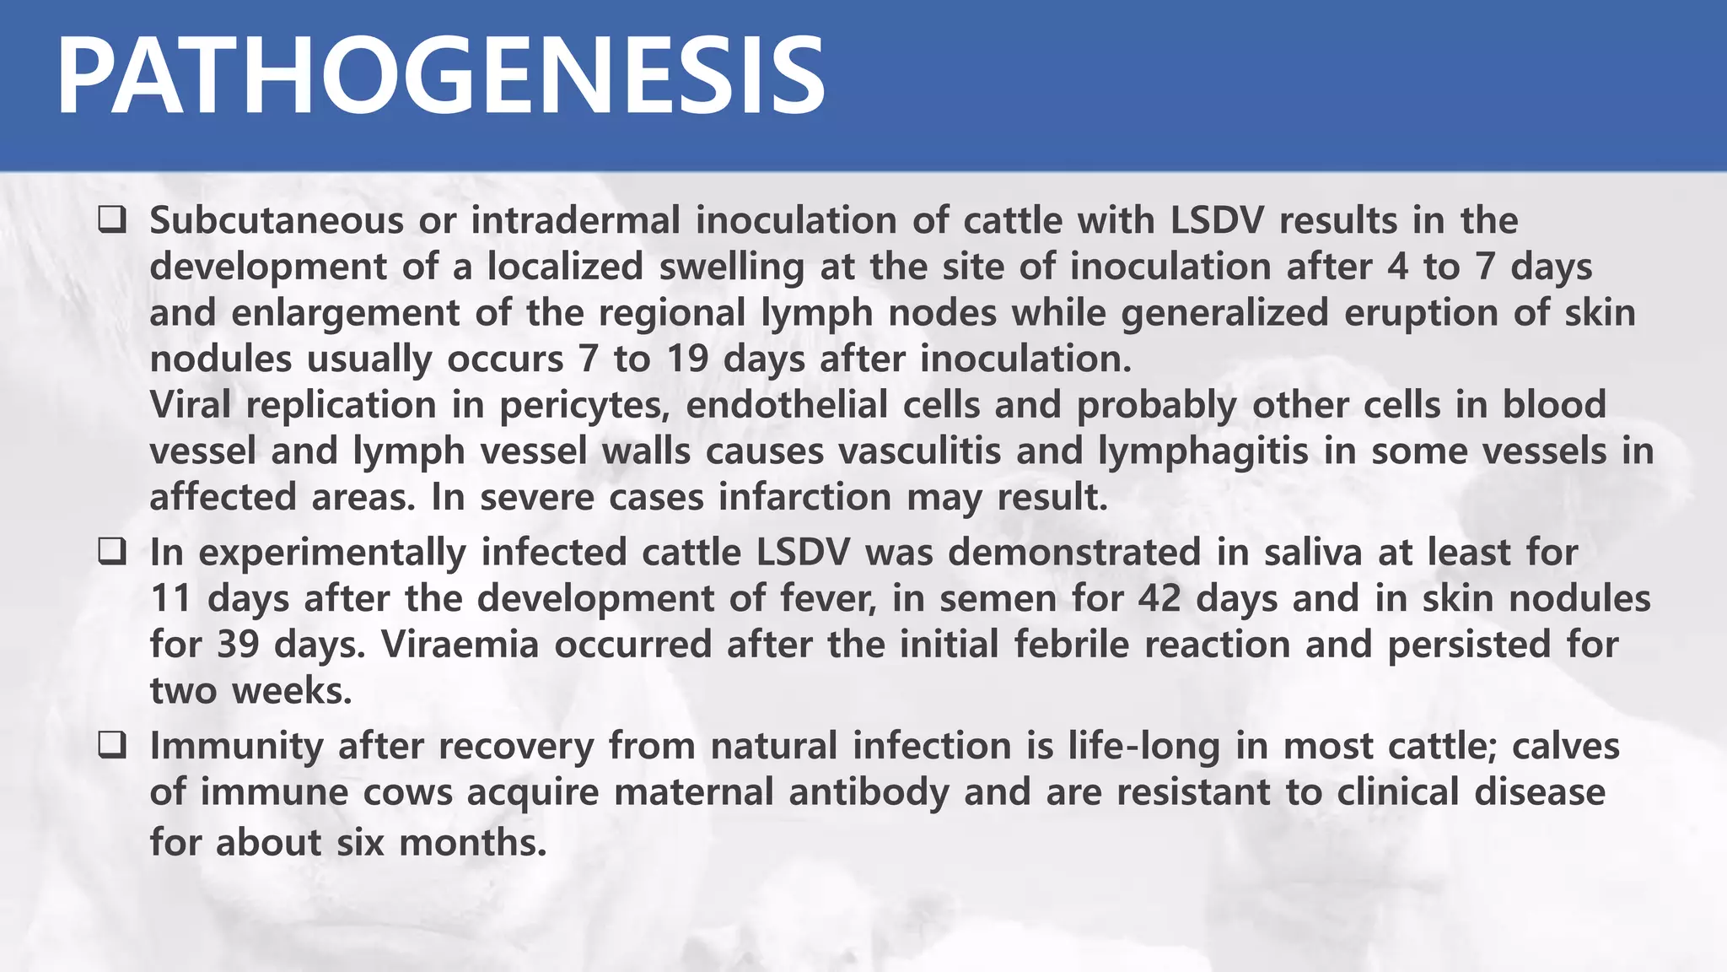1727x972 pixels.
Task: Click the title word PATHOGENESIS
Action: coord(440,78)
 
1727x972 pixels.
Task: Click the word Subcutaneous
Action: coord(277,221)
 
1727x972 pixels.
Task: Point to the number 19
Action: coord(687,359)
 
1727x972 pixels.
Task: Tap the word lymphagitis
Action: coord(1203,451)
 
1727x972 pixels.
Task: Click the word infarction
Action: coord(804,498)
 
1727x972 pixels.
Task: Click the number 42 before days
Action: coord(1159,599)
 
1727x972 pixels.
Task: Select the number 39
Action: coord(239,645)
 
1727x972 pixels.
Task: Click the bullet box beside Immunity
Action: coord(112,746)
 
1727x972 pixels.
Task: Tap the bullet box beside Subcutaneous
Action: coord(112,221)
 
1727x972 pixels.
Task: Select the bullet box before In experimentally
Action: coord(112,553)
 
